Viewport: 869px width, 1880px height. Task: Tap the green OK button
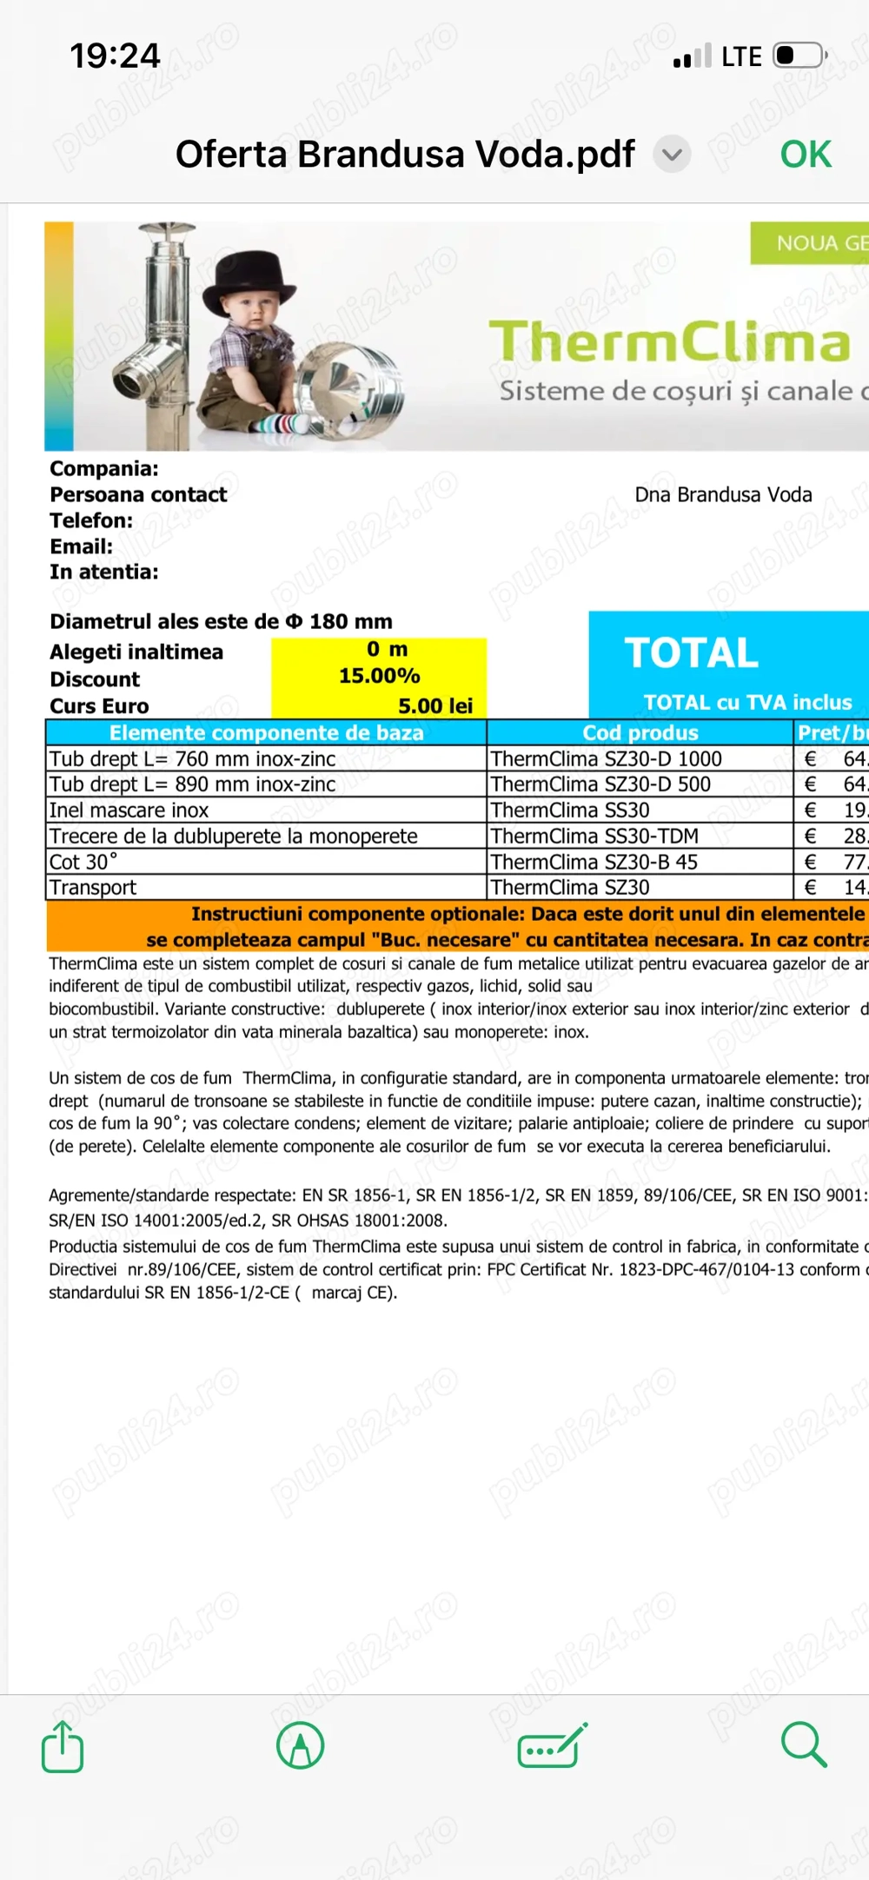[x=806, y=155]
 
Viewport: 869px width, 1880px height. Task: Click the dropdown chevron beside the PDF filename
[x=671, y=155]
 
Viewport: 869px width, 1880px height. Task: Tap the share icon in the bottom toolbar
[x=63, y=1746]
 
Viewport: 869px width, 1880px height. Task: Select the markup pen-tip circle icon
[x=300, y=1745]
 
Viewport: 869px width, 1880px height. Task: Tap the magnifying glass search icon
[x=804, y=1745]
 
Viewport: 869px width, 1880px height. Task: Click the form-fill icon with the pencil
[x=552, y=1745]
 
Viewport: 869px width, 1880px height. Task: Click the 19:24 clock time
[x=115, y=56]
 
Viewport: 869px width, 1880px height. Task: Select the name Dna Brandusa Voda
[x=723, y=495]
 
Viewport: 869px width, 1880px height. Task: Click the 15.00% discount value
[x=379, y=676]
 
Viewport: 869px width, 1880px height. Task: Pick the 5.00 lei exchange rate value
[x=435, y=706]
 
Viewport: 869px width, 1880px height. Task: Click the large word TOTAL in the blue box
[x=692, y=653]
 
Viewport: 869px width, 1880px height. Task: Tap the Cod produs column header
[x=640, y=732]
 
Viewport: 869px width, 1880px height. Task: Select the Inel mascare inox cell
[x=129, y=811]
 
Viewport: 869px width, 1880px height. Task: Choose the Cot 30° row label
[x=83, y=862]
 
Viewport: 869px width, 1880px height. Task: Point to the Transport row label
[x=93, y=888]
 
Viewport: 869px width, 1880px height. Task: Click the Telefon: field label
[x=91, y=521]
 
